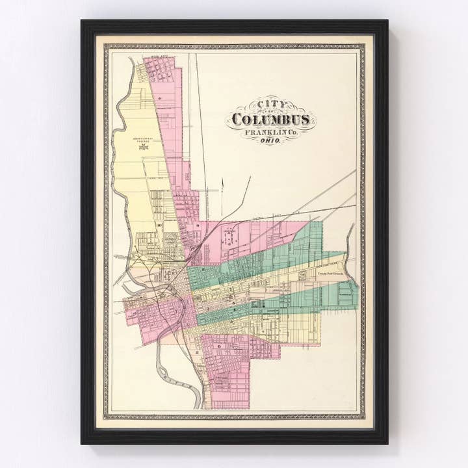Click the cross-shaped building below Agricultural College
pos(144,147)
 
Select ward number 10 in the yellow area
pos(159,226)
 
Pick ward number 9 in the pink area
pos(197,226)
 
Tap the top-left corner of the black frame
pos(82,21)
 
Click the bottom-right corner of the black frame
pos(387,443)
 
